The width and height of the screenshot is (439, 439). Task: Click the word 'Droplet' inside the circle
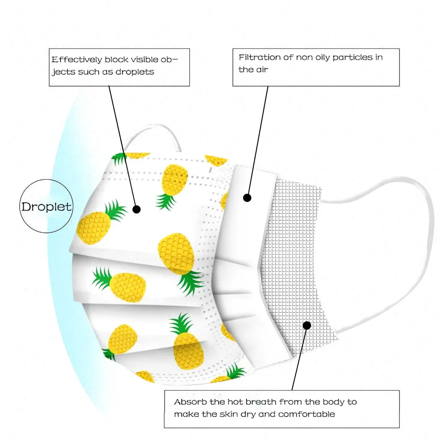46,207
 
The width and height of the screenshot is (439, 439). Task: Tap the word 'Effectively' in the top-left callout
76,60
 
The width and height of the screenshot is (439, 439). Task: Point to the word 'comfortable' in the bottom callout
307,414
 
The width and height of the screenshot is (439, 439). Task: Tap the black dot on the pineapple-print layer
136,209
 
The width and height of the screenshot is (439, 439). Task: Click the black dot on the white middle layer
247,198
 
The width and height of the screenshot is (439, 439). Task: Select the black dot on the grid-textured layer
307,325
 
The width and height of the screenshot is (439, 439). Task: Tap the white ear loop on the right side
424,240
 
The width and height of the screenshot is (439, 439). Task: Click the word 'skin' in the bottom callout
242,414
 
